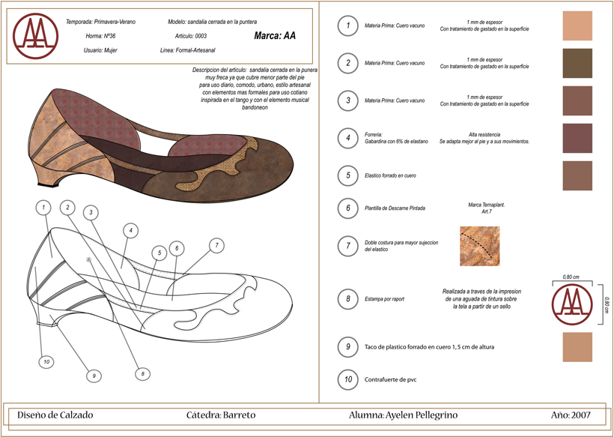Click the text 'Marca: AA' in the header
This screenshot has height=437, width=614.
point(275,35)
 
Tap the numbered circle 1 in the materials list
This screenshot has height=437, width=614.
point(347,25)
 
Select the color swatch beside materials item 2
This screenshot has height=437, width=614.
point(577,63)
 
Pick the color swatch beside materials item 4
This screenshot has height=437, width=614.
point(577,138)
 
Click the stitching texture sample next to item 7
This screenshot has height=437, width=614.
point(479,246)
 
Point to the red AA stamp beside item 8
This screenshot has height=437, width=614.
point(571,303)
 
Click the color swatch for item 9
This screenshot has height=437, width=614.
point(577,347)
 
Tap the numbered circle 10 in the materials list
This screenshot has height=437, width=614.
point(347,379)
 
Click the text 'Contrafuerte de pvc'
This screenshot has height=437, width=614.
point(391,380)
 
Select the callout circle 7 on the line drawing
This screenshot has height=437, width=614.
point(216,245)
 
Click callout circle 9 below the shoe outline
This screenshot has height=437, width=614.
point(94,376)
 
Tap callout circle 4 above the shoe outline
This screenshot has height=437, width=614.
point(130,231)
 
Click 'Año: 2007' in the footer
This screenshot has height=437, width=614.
point(571,415)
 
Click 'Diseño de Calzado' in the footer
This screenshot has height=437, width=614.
point(55,415)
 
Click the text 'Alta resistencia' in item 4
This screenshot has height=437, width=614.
point(484,134)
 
